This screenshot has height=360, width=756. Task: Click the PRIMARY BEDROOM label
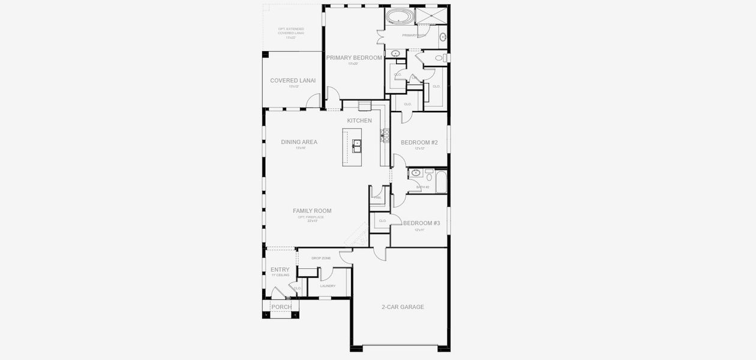[354, 58]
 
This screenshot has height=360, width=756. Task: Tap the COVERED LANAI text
[293, 80]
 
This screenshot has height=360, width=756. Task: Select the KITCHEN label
[359, 121]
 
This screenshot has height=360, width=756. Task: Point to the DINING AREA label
[299, 142]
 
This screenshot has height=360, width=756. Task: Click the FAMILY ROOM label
[312, 211]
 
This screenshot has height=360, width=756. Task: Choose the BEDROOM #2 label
[419, 142]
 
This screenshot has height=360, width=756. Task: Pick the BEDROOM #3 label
[421, 223]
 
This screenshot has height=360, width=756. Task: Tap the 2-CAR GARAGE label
[403, 307]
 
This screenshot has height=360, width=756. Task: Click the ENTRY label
[280, 269]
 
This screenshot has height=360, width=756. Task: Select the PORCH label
[281, 307]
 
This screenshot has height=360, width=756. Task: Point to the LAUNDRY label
[328, 286]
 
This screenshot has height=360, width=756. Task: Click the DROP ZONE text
[321, 258]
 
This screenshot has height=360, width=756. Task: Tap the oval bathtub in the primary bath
[397, 15]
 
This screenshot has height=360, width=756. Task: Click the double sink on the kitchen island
[356, 145]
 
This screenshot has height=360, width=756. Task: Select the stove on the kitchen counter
[385, 136]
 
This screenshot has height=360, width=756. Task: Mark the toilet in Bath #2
[429, 176]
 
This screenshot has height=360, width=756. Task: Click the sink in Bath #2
[416, 173]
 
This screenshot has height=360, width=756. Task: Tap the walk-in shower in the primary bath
[431, 15]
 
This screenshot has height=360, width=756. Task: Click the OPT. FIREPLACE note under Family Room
[311, 217]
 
